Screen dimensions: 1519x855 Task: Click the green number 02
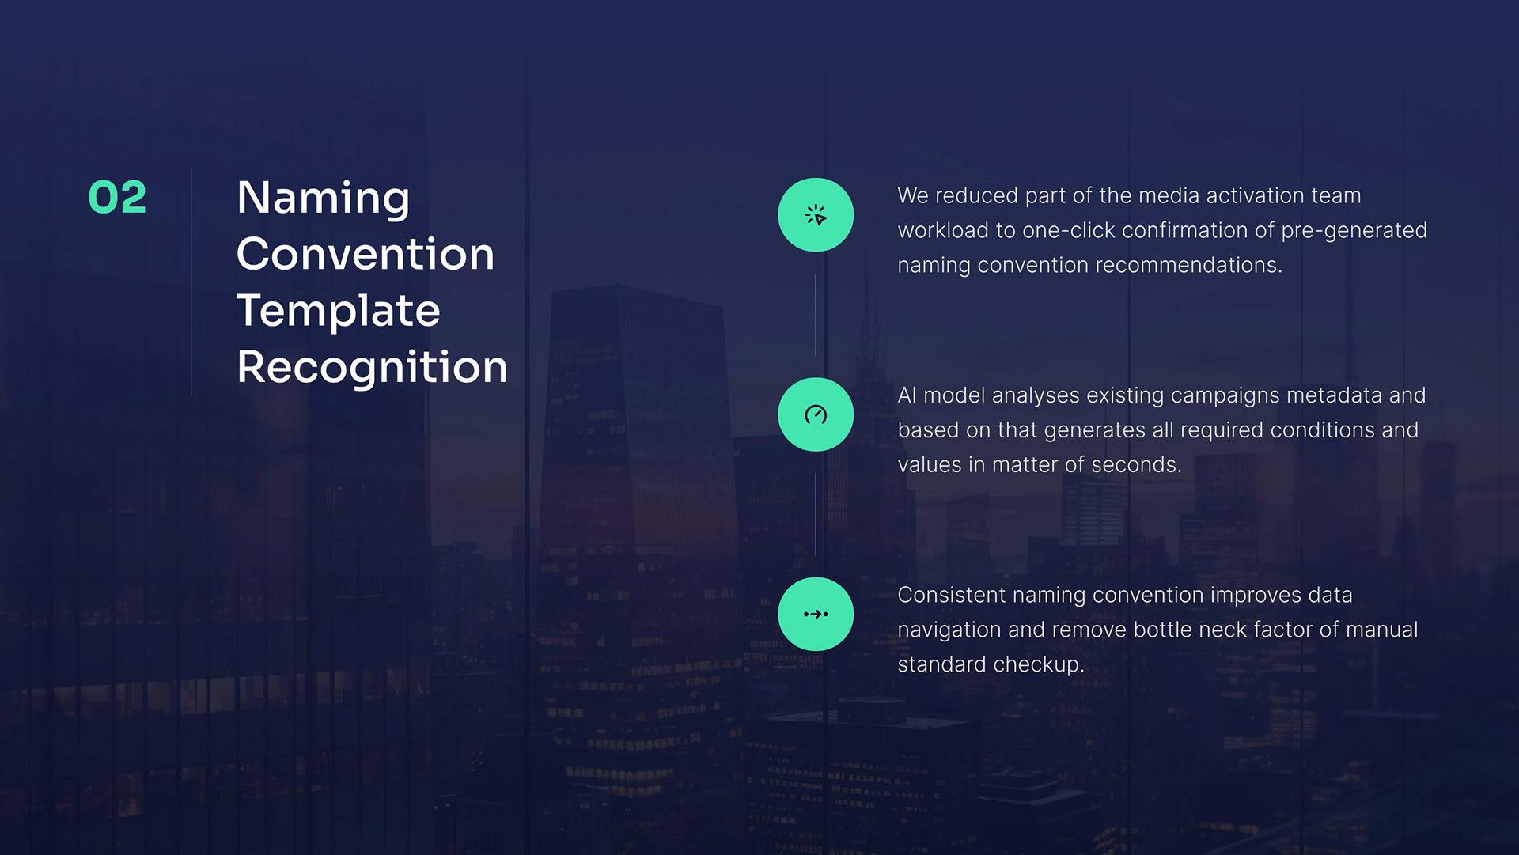(117, 197)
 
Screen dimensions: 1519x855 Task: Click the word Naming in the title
(324, 199)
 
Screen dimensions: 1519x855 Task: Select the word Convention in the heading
(366, 254)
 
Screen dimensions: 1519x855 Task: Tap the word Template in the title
(339, 311)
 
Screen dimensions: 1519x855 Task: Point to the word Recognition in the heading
(373, 369)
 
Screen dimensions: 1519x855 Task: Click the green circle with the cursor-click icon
(816, 215)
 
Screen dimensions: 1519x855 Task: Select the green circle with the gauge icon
(816, 414)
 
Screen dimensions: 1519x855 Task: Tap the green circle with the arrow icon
(816, 614)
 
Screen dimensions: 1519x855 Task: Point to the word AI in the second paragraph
(907, 395)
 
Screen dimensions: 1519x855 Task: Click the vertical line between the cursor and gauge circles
(816, 315)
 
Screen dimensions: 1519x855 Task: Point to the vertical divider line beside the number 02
(191, 282)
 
